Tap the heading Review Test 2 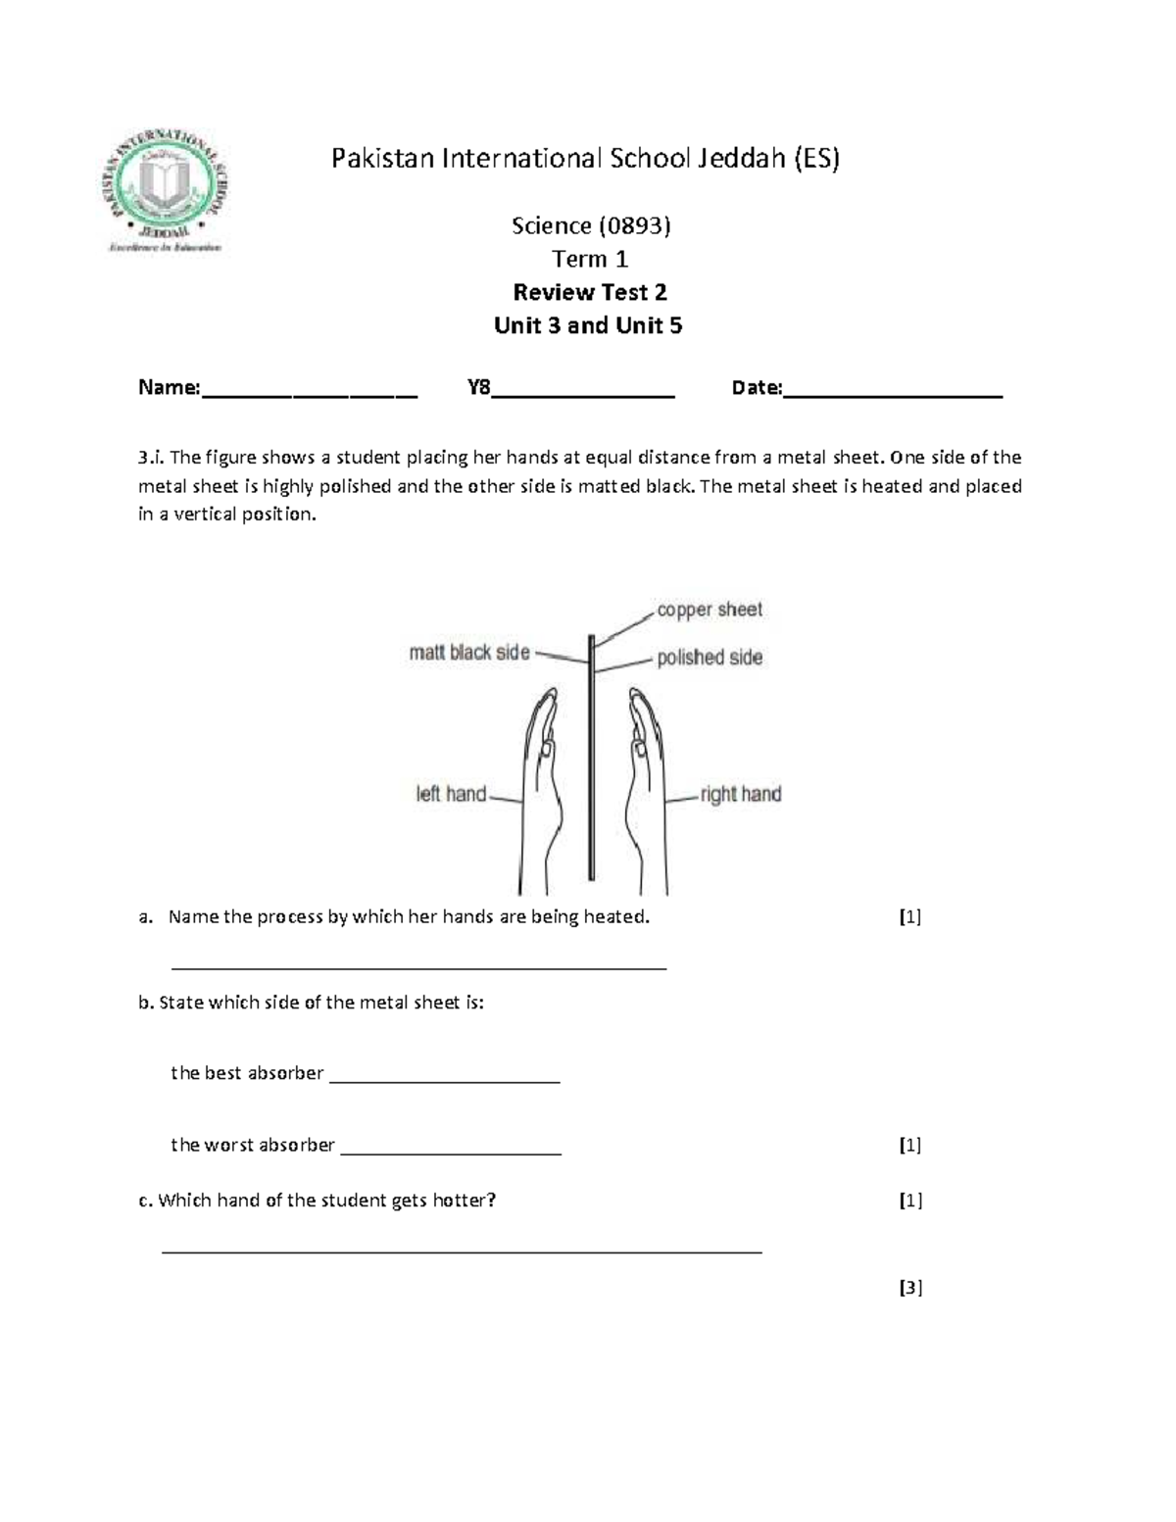pyautogui.click(x=590, y=292)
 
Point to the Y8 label pyautogui.click(x=478, y=387)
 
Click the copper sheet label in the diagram pyautogui.click(x=709, y=610)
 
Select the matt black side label pyautogui.click(x=468, y=653)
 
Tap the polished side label pyautogui.click(x=709, y=658)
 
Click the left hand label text pyautogui.click(x=451, y=794)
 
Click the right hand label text pyautogui.click(x=741, y=794)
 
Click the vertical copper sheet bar pyautogui.click(x=591, y=764)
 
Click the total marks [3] pyautogui.click(x=910, y=1288)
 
